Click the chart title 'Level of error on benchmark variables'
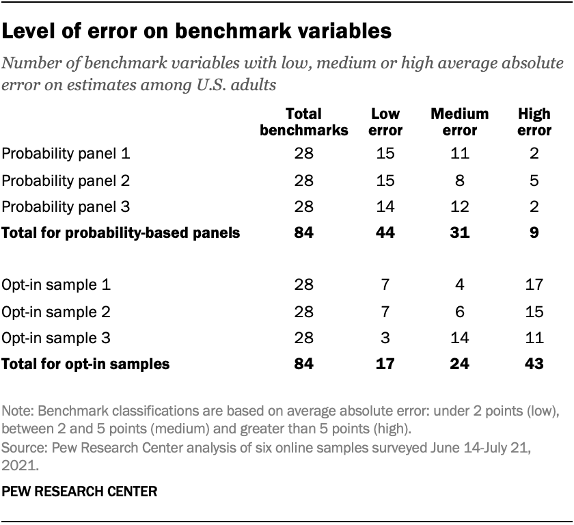coord(197,31)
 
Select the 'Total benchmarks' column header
coord(304,121)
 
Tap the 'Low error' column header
coord(387,121)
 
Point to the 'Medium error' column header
coord(459,121)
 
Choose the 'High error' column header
coord(530,121)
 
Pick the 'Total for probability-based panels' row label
coord(121,233)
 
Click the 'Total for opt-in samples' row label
coord(86,364)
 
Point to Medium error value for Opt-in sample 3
coord(459,338)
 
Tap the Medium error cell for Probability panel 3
coord(459,206)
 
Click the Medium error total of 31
coord(459,233)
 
